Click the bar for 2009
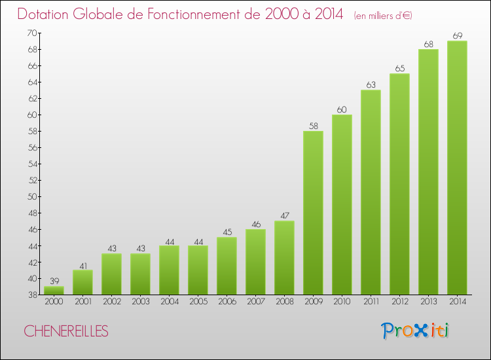(313, 213)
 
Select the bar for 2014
(457, 168)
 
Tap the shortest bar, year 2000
(54, 290)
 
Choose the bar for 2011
(371, 192)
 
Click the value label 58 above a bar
(313, 125)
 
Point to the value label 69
(457, 35)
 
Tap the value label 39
(54, 280)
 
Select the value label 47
(284, 215)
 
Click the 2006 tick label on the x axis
(227, 301)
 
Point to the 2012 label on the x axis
(399, 301)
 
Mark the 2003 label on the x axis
(140, 301)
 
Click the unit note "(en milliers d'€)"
(382, 16)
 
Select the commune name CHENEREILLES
(66, 331)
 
